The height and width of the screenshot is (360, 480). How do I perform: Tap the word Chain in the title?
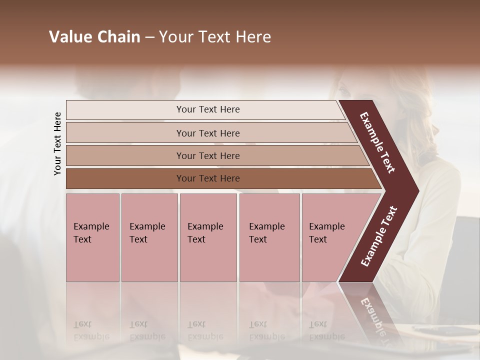(118, 37)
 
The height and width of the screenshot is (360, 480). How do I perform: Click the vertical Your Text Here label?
(57, 143)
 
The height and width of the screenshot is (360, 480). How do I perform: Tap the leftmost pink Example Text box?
(92, 237)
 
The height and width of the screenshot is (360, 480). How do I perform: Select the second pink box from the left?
(149, 237)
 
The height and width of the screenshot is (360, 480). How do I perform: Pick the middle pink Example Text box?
(208, 237)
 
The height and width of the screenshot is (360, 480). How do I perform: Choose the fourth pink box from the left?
(269, 237)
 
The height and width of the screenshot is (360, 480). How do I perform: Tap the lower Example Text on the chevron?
(379, 236)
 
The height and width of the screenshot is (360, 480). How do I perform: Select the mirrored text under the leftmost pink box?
(91, 330)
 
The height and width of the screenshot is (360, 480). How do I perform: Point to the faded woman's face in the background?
(350, 92)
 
